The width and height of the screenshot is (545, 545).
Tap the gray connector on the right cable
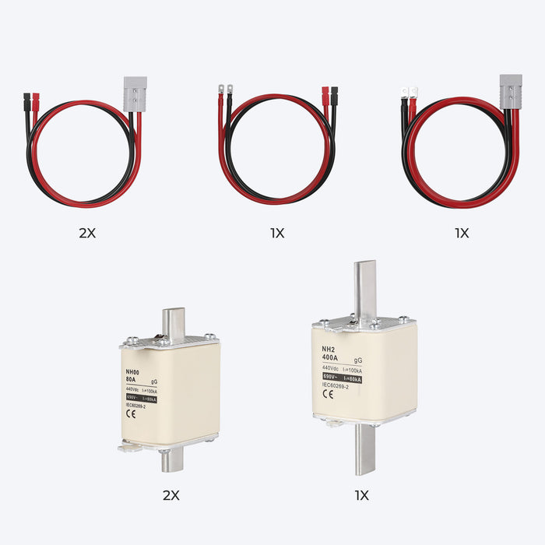510,90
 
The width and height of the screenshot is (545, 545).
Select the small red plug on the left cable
35,101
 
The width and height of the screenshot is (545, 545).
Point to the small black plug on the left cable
26,101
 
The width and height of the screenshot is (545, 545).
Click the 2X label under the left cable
86,233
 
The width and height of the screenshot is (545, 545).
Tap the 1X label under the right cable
462,233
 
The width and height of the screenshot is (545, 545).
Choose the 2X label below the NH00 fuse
171,495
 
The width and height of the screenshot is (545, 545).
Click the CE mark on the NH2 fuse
327,393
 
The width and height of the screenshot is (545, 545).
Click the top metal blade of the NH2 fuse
364,287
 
